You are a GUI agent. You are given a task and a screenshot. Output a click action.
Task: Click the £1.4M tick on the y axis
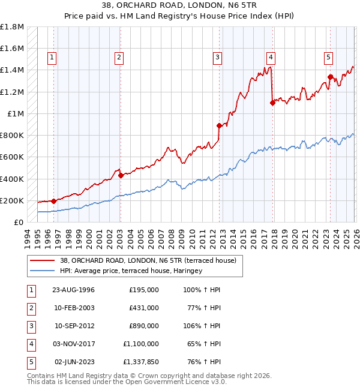pos(12,70)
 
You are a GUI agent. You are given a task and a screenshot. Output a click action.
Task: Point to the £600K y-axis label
pos(12,157)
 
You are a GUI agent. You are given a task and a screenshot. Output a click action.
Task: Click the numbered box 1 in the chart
pos(53,58)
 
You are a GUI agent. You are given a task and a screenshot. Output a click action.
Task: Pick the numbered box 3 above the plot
pos(217,58)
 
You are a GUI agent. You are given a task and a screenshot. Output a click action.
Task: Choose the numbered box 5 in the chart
pos(329,58)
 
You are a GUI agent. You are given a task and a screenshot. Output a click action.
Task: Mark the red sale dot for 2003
pos(121,176)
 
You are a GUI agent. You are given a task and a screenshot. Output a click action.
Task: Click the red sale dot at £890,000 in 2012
pos(220,125)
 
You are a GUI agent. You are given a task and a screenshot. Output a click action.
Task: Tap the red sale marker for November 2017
pos(272,103)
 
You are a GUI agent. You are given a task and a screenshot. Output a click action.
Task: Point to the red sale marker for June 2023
pos(331,77)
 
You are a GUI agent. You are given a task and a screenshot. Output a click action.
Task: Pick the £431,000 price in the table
pos(144,308)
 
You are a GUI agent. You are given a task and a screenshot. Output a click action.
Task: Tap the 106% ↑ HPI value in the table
pos(202,326)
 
